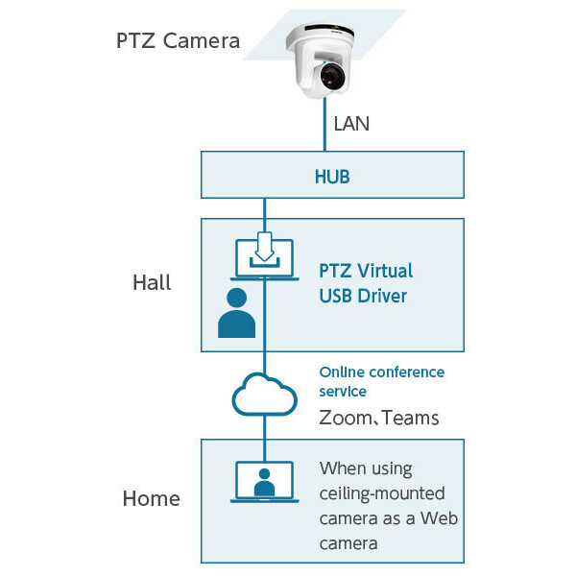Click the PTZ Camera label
pyautogui.click(x=178, y=41)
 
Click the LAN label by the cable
pyautogui.click(x=350, y=123)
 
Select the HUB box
pyautogui.click(x=331, y=177)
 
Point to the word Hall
pyautogui.click(x=152, y=282)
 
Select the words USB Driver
pyautogui.click(x=363, y=296)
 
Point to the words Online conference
pyautogui.click(x=381, y=372)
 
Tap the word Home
pyautogui.click(x=151, y=498)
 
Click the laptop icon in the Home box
pyautogui.click(x=264, y=483)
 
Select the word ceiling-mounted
pyautogui.click(x=382, y=493)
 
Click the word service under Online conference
pyautogui.click(x=343, y=392)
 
